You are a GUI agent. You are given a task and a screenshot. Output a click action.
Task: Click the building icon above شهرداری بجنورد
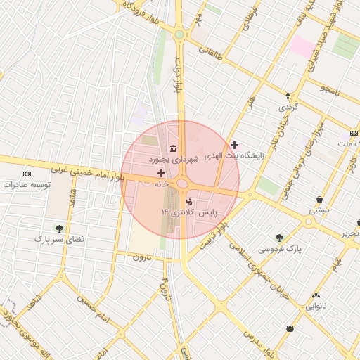(x=173, y=148)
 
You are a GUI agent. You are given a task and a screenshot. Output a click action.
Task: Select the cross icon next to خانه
(x=162, y=173)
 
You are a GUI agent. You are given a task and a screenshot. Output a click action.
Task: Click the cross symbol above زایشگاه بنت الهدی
(x=234, y=145)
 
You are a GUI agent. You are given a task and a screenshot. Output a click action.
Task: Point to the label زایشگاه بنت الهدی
(x=233, y=156)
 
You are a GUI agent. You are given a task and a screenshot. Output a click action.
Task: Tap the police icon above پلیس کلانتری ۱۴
(x=188, y=201)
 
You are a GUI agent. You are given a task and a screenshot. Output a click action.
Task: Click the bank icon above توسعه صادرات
(x=27, y=174)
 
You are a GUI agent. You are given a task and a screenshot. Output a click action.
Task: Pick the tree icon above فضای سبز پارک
(x=59, y=228)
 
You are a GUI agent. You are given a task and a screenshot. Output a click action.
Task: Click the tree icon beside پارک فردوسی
(x=280, y=238)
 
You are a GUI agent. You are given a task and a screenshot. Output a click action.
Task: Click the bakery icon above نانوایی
(x=315, y=296)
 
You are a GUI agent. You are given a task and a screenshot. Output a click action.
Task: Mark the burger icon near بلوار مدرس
(x=290, y=328)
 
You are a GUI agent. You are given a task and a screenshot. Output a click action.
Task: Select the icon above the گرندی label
(x=288, y=96)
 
